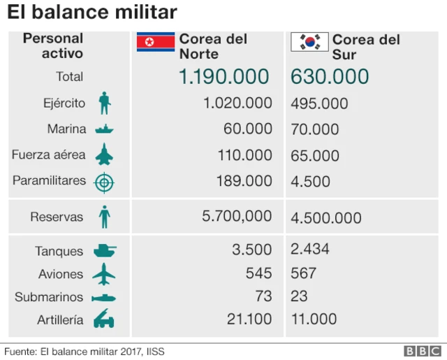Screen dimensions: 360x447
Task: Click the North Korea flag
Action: coord(155,43)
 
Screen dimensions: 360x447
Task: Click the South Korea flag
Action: coord(309,43)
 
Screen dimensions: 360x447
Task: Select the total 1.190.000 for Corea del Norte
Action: coord(223,76)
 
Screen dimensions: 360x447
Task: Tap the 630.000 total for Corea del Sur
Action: coord(330,76)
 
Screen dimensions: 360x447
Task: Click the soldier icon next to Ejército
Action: coord(104,103)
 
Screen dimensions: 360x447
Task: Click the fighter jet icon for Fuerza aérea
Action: coord(104,154)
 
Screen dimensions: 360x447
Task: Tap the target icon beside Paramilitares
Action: coord(104,182)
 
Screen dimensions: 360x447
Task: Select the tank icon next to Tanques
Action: coord(104,250)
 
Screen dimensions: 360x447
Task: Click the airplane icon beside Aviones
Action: coord(104,274)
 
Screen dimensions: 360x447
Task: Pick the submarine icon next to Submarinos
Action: coord(104,298)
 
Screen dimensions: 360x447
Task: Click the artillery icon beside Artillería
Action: coord(104,321)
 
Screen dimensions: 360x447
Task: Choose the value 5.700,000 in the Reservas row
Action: coord(237,217)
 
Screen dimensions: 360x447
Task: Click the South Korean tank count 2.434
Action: coord(309,249)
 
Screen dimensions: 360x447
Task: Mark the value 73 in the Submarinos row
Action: coord(263,296)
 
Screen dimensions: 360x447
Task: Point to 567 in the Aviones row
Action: coord(303,273)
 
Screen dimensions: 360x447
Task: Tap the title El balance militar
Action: coord(91,13)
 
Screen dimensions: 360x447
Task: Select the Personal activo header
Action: coord(53,45)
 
